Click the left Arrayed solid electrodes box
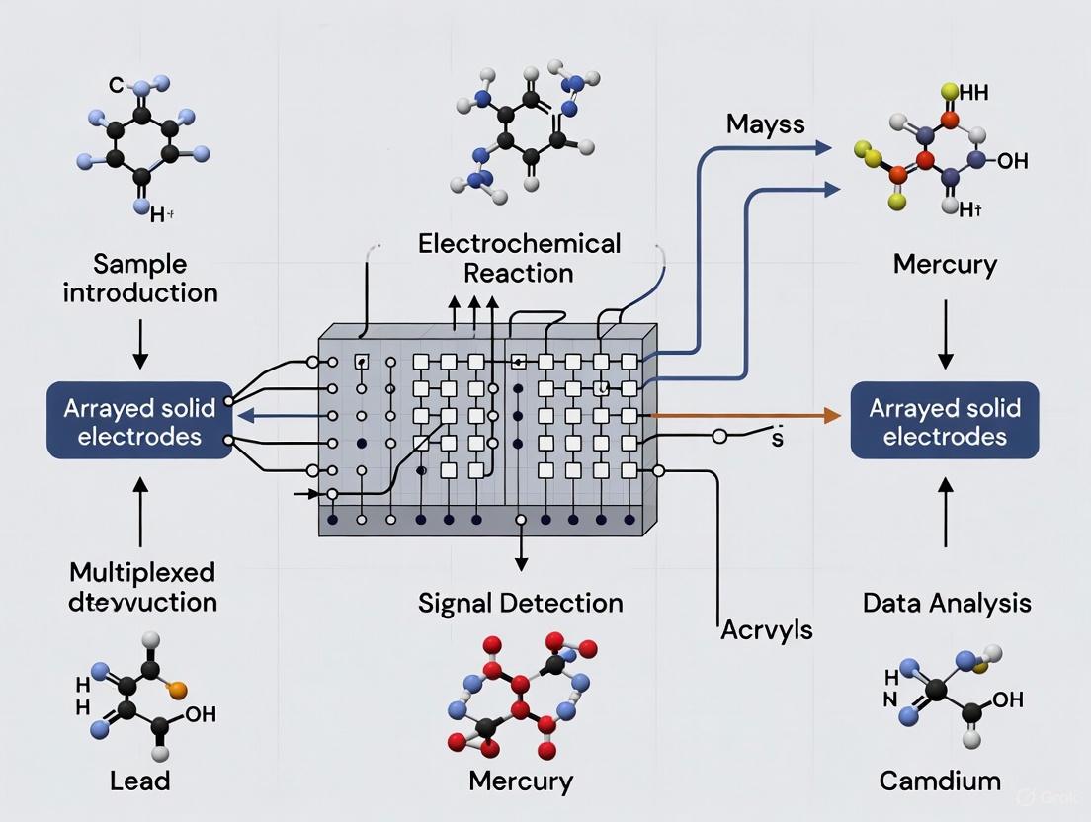[139, 422]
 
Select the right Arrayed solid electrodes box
[944, 422]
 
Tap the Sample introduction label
[141, 280]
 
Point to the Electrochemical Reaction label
[520, 257]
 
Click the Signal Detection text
[520, 602]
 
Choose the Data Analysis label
[947, 602]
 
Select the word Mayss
[765, 124]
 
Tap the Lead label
[140, 781]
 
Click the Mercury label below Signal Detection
[520, 781]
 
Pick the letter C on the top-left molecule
[116, 87]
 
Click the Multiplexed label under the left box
[141, 573]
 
